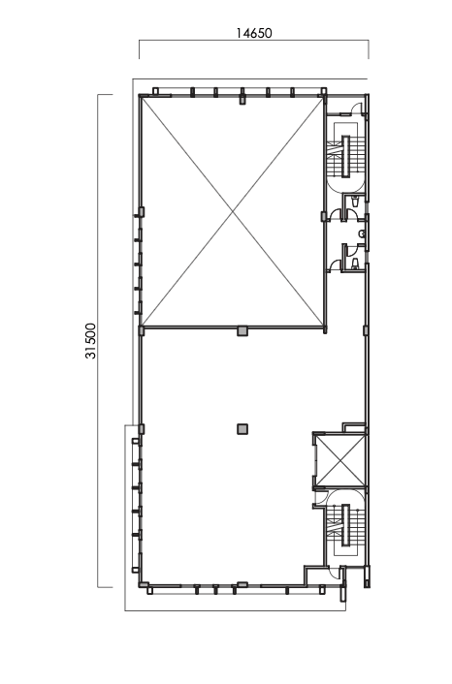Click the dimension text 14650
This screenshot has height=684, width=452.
pyautogui.click(x=254, y=32)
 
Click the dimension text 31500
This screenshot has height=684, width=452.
pyautogui.click(x=90, y=341)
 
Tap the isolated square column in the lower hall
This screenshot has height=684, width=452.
pyautogui.click(x=242, y=428)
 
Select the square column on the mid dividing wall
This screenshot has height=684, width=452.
pyautogui.click(x=242, y=330)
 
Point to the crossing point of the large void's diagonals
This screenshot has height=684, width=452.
pyautogui.click(x=233, y=212)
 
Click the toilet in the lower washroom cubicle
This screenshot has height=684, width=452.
pyautogui.click(x=356, y=262)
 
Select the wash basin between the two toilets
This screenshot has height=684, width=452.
pyautogui.click(x=361, y=233)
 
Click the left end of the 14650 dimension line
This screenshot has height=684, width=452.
pyautogui.click(x=140, y=44)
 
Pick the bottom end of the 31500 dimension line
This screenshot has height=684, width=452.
pyautogui.click(x=100, y=586)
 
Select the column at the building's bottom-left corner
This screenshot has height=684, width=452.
pyautogui.click(x=143, y=585)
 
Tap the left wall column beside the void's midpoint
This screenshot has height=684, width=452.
pyautogui.click(x=142, y=212)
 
